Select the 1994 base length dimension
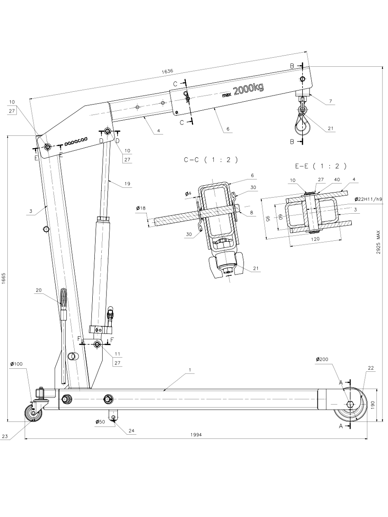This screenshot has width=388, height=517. pyautogui.click(x=196, y=435)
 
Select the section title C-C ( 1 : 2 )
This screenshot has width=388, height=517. pyautogui.click(x=211, y=160)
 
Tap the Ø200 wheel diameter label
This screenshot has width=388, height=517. pyautogui.click(x=323, y=359)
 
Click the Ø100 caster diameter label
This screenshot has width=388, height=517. pyautogui.click(x=16, y=364)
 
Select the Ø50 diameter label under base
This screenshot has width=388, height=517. pyautogui.click(x=101, y=422)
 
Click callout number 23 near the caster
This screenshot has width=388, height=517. pyautogui.click(x=5, y=436)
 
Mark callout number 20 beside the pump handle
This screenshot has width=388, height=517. pyautogui.click(x=39, y=290)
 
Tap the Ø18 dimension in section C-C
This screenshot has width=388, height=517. pyautogui.click(x=141, y=209)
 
